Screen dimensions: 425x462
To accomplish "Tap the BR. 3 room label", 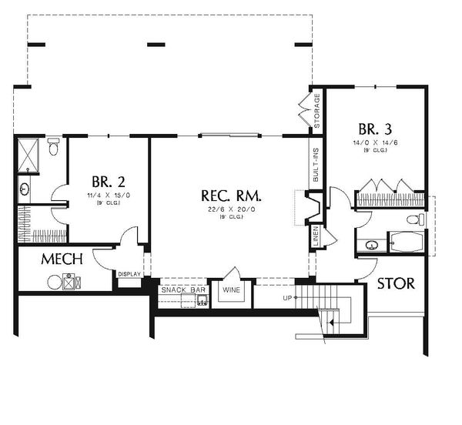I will point(373,128).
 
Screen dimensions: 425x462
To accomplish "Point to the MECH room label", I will point(62,259).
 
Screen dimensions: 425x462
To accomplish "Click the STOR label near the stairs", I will point(396,283).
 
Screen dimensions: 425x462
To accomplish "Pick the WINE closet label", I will point(231,290).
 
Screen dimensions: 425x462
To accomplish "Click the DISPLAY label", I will point(128,273).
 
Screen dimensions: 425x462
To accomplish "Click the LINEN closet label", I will point(316,236).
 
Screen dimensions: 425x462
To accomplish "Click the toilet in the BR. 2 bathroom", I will point(52,147).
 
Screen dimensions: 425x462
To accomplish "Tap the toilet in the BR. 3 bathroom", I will point(413,221).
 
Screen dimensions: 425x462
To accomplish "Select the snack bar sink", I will point(201,300).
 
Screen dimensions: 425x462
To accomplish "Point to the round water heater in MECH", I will point(54,283).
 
